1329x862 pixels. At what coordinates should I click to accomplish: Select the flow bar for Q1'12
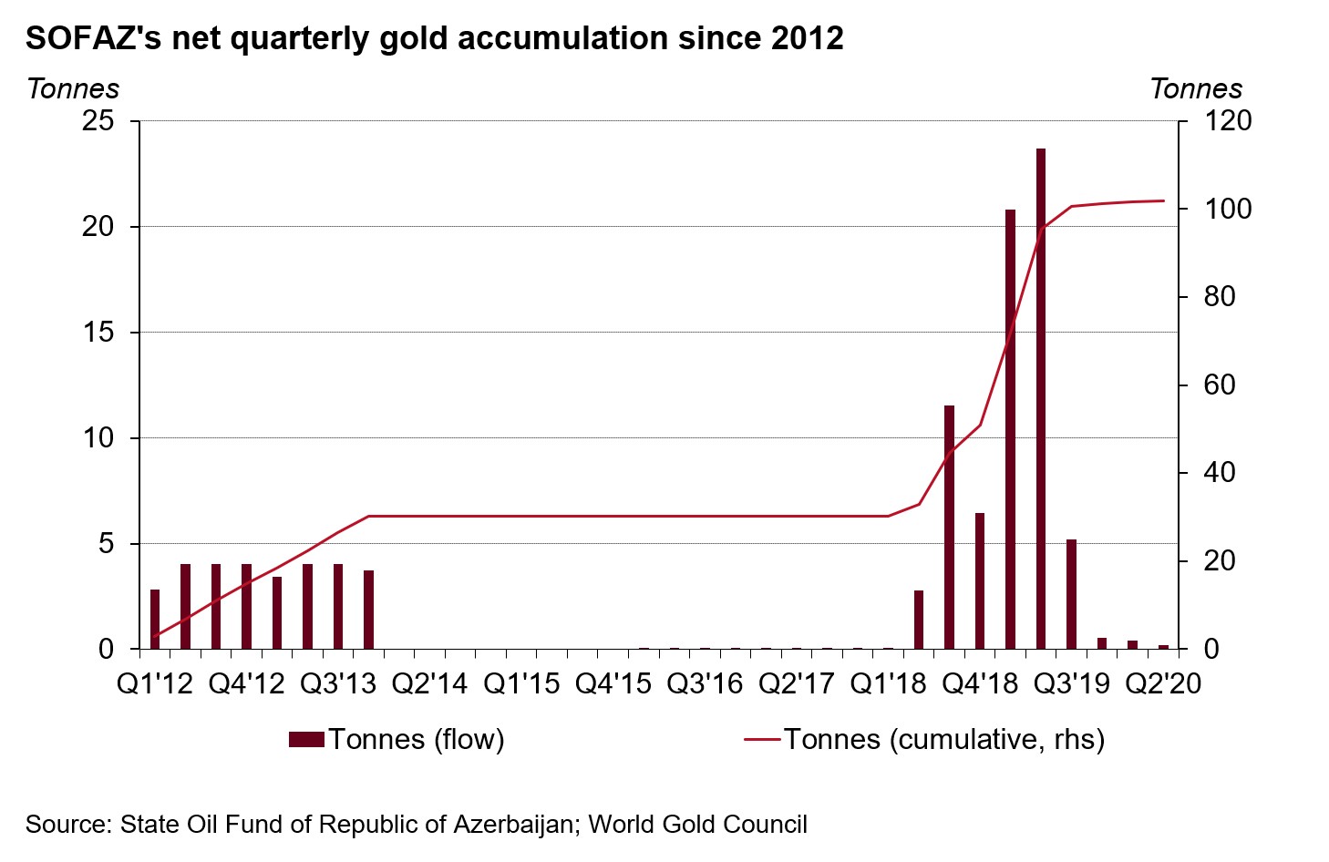click(155, 620)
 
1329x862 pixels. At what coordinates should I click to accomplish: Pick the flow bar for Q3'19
click(1071, 594)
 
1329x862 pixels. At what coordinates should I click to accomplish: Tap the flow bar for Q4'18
click(980, 581)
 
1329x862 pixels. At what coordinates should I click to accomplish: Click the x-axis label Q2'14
click(429, 683)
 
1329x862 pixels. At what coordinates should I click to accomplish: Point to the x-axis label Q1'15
click(521, 683)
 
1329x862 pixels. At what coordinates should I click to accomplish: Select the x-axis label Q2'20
click(1163, 683)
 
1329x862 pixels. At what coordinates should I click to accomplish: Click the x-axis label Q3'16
click(705, 683)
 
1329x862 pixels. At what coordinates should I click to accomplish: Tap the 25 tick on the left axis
click(98, 121)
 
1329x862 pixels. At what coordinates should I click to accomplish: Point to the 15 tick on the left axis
click(98, 333)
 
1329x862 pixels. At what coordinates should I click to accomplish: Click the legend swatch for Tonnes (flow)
click(306, 740)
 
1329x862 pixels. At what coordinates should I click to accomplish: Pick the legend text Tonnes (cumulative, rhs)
click(943, 740)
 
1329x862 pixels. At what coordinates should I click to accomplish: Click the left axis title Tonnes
click(73, 89)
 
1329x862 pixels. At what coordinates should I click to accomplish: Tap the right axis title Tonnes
click(1196, 89)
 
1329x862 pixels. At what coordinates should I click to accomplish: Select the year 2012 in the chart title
click(807, 38)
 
